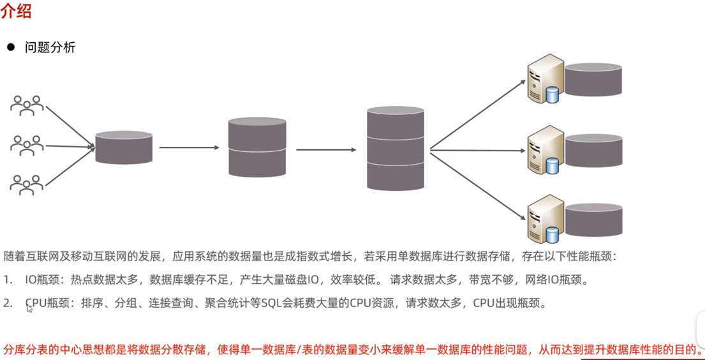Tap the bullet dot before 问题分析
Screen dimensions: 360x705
point(10,47)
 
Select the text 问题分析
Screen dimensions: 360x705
point(50,47)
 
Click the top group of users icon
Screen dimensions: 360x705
point(27,105)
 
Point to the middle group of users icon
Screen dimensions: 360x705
point(27,145)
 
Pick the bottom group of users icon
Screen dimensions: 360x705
point(27,184)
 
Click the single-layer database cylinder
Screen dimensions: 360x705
point(124,147)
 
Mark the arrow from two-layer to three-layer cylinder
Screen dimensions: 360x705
point(326,150)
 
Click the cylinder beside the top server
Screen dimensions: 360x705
point(593,80)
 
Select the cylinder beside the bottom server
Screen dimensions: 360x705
point(593,220)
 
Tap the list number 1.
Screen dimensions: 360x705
point(6,280)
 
